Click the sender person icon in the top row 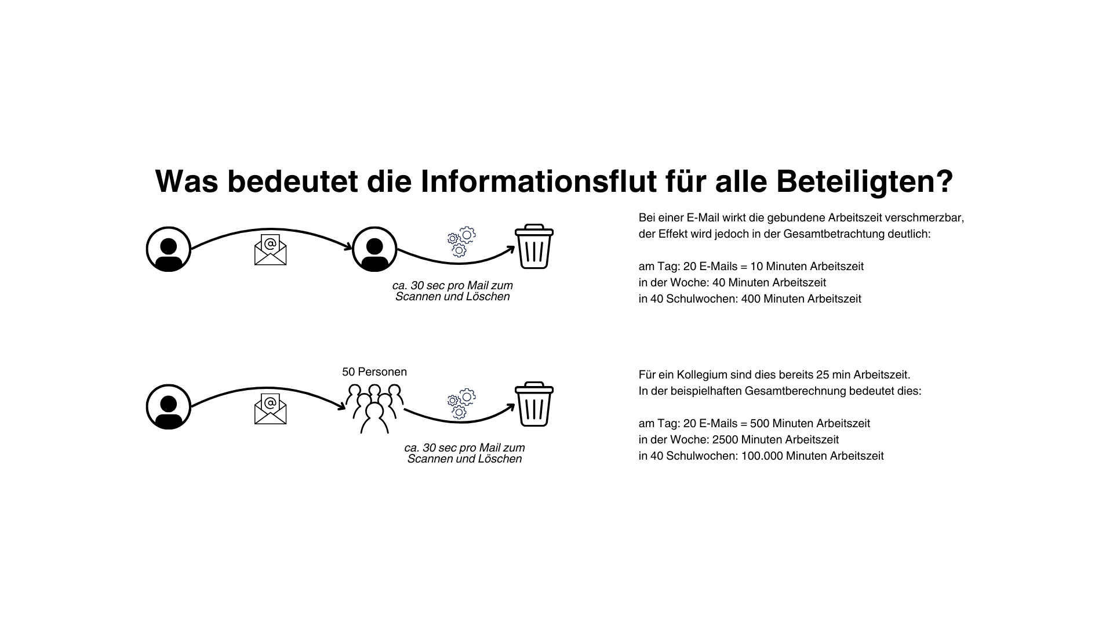coord(169,249)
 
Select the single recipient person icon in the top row coord(374,249)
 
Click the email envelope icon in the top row coord(270,250)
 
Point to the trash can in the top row coord(534,246)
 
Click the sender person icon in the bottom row coord(169,406)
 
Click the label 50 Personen coord(374,372)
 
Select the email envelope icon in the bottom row coord(270,409)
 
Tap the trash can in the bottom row coord(534,404)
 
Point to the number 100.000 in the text coord(762,456)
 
